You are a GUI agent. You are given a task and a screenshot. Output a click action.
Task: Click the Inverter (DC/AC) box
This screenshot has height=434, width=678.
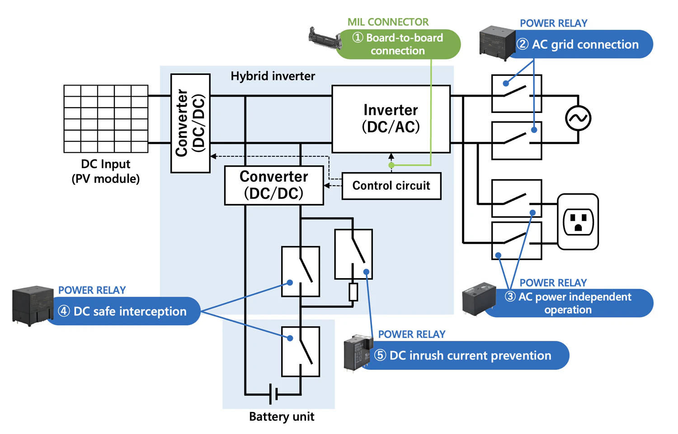pyautogui.click(x=391, y=119)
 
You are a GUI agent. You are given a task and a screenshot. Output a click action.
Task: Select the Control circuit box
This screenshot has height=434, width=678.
pyautogui.click(x=391, y=186)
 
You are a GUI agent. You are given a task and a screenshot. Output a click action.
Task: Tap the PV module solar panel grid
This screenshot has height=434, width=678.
pyautogui.click(x=106, y=118)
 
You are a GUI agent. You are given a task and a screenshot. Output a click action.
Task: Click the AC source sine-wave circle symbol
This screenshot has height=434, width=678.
pyautogui.click(x=578, y=118)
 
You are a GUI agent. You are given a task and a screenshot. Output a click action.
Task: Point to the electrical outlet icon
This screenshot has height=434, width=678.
pyautogui.click(x=578, y=222)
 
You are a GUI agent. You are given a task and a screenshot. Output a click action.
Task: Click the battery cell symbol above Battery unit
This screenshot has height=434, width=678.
pyautogui.click(x=273, y=394)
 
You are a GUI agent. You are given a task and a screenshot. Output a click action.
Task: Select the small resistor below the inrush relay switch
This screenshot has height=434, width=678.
pyautogui.click(x=353, y=292)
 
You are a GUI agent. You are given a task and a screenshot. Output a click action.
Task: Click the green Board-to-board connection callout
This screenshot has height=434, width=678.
pyautogui.click(x=398, y=44)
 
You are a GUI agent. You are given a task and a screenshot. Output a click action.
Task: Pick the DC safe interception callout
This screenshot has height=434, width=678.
pyautogui.click(x=124, y=311)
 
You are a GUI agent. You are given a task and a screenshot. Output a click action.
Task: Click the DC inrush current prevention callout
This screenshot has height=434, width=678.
pyautogui.click(x=466, y=355)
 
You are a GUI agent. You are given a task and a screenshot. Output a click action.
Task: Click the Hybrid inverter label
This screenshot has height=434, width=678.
pyautogui.click(x=273, y=76)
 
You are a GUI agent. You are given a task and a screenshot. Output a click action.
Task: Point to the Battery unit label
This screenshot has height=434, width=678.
pyautogui.click(x=282, y=416)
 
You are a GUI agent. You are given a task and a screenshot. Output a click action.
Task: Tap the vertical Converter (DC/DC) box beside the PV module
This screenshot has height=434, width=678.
pyautogui.click(x=190, y=123)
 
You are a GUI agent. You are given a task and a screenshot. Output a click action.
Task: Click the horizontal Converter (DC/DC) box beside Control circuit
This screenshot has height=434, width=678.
pyautogui.click(x=274, y=185)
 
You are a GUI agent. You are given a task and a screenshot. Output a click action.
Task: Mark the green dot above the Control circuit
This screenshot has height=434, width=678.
pyautogui.click(x=391, y=165)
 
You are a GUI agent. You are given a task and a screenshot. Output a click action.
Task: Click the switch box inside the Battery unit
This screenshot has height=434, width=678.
pyautogui.click(x=301, y=351)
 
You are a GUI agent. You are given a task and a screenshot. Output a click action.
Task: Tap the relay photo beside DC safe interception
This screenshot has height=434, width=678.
pyautogui.click(x=33, y=305)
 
